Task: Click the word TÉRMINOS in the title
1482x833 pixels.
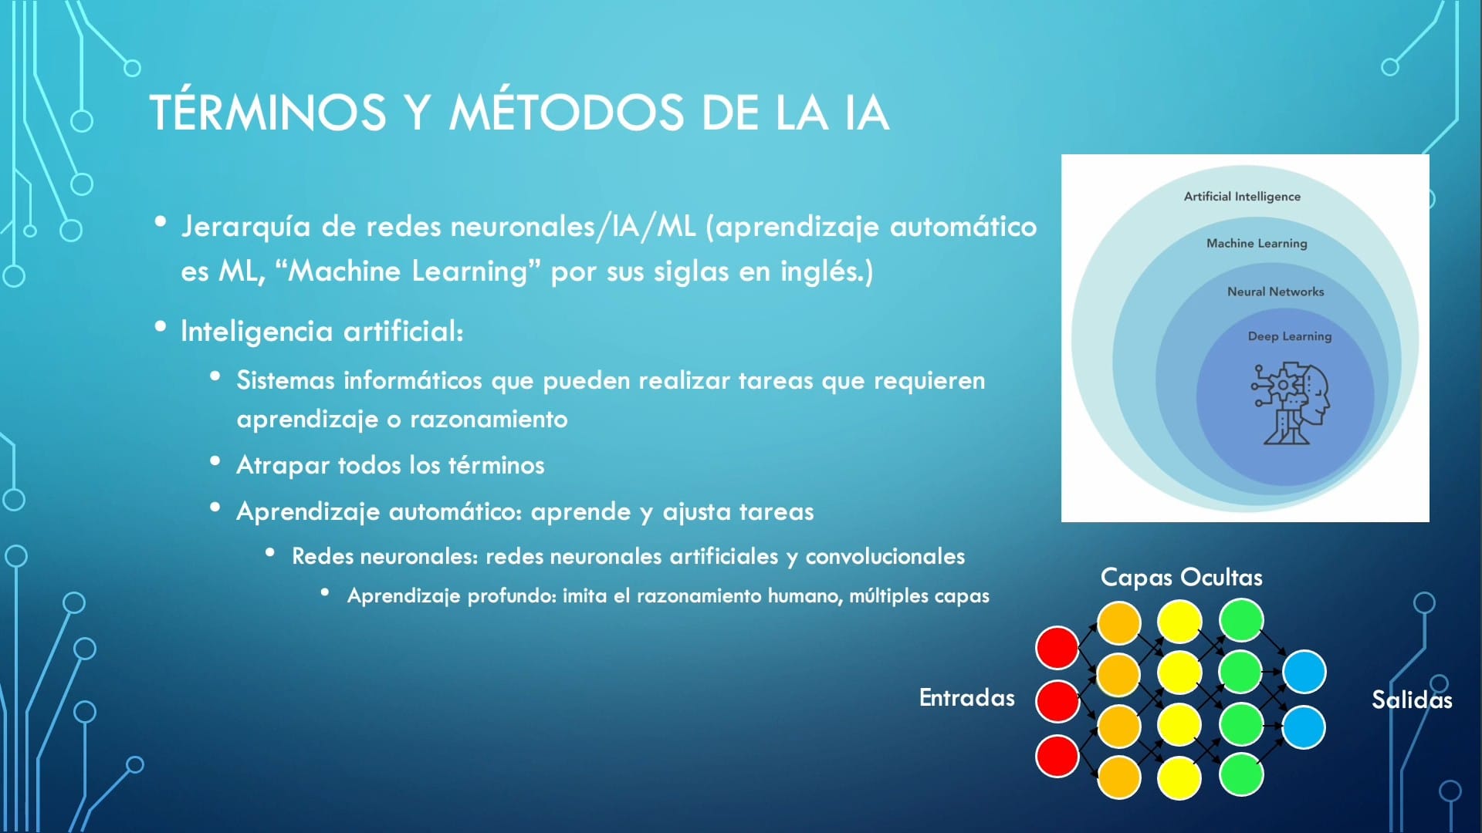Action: [267, 113]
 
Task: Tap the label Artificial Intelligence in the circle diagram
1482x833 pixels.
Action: [1242, 197]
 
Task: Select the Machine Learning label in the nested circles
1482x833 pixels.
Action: [1257, 243]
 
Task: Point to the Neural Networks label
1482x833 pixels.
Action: [1275, 292]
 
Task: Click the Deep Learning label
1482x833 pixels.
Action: [1289, 336]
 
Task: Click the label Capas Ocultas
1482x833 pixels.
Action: [1181, 577]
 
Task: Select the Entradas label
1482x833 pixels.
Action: [966, 698]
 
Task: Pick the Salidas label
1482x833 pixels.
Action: [1411, 700]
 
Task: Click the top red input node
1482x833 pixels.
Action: [1057, 648]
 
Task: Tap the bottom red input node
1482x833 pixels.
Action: [1057, 756]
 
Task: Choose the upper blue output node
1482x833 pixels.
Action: [1304, 672]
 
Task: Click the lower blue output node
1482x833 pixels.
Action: [1304, 727]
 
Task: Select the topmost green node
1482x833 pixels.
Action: [1241, 621]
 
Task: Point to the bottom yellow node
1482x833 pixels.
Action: [1179, 777]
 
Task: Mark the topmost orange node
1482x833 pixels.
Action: [1118, 622]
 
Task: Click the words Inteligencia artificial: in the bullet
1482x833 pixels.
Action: [322, 332]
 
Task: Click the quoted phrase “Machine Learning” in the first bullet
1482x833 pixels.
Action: [408, 271]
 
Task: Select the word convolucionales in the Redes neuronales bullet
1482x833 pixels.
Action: [885, 557]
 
